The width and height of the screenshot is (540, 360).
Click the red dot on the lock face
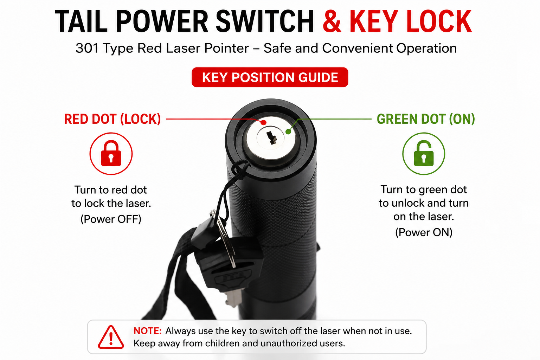click(x=263, y=122)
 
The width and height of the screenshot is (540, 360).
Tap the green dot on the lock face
click(x=288, y=131)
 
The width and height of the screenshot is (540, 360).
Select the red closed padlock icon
click(x=111, y=153)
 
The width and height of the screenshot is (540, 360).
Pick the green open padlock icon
click(x=424, y=153)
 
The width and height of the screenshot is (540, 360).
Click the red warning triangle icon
click(x=111, y=337)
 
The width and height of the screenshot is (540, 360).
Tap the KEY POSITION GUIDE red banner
click(x=270, y=77)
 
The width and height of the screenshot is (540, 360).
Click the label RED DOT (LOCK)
click(x=112, y=119)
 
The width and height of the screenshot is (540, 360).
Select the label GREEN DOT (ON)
click(x=426, y=119)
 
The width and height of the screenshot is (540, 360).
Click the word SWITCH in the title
click(x=265, y=21)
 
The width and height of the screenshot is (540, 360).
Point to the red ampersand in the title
click(x=332, y=21)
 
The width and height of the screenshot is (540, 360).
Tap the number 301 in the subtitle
click(x=87, y=48)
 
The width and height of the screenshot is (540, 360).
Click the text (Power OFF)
click(x=111, y=219)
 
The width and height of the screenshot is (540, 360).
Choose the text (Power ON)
click(x=424, y=232)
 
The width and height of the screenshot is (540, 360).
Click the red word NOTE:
click(x=148, y=331)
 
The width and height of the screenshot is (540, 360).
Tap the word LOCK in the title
click(x=439, y=21)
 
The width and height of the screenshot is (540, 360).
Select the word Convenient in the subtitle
click(x=358, y=48)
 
